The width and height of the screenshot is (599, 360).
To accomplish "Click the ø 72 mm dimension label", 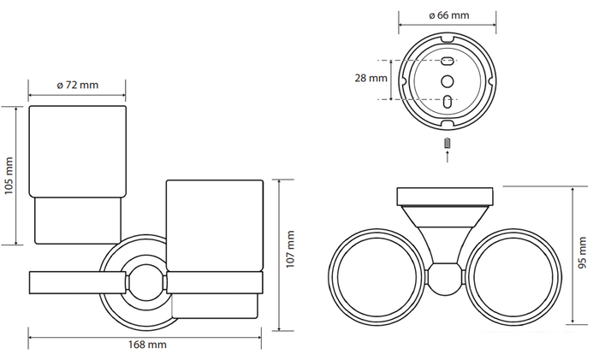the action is click(x=78, y=86).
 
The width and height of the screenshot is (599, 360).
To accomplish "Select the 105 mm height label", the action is click(x=9, y=175).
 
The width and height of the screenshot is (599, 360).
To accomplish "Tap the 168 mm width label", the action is click(x=147, y=345).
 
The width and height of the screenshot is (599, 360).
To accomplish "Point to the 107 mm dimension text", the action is click(x=290, y=250).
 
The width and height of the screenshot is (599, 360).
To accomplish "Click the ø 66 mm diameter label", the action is click(x=449, y=15).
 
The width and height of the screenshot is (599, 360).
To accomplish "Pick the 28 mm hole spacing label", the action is click(x=371, y=79).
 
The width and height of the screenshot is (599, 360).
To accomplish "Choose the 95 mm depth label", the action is click(x=582, y=253).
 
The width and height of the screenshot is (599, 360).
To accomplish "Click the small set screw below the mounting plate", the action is click(x=448, y=144).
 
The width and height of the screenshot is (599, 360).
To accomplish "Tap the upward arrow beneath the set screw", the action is click(x=448, y=156).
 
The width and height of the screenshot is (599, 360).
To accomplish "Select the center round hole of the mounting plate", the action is click(x=448, y=81).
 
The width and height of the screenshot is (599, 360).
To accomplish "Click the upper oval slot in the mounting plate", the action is click(x=448, y=61).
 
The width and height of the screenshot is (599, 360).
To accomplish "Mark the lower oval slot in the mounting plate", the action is click(x=448, y=102).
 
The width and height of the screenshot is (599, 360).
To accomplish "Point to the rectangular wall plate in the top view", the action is click(x=445, y=197).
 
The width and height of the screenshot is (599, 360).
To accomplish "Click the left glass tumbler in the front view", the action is click(x=78, y=174).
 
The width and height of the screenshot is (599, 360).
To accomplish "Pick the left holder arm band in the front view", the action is click(x=78, y=282).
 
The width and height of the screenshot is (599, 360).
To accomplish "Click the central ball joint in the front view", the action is click(x=146, y=282).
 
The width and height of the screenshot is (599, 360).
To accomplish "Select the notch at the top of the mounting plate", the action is click(x=448, y=38).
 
